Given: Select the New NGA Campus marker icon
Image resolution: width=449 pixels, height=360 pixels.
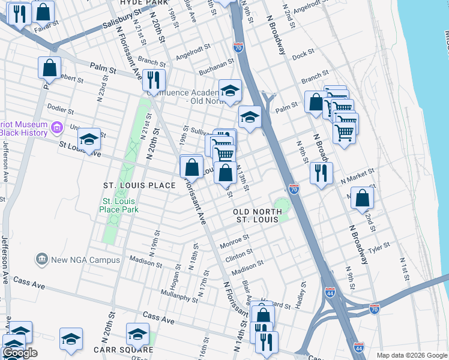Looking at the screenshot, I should pyautogui.click(x=42, y=259).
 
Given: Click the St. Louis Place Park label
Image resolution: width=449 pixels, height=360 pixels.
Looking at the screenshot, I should pyautogui.click(x=120, y=205).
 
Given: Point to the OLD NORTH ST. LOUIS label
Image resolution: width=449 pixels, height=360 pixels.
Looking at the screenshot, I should pyautogui.click(x=258, y=217).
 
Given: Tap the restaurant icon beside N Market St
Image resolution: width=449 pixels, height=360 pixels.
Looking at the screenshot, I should pyautogui.click(x=321, y=173).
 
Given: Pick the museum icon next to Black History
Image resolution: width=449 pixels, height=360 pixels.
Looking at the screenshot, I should pyautogui.click(x=57, y=127).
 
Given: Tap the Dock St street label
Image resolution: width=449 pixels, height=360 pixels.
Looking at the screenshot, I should pyautogui.click(x=303, y=55).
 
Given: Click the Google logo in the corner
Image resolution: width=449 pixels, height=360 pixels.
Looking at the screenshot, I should pyautogui.click(x=20, y=353).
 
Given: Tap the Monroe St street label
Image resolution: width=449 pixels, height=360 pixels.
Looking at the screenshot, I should pyautogui.click(x=234, y=242).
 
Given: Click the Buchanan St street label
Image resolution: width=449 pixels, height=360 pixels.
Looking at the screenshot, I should pyautogui.click(x=217, y=63).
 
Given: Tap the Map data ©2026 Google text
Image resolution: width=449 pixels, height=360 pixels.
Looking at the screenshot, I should pyautogui.click(x=411, y=355).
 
